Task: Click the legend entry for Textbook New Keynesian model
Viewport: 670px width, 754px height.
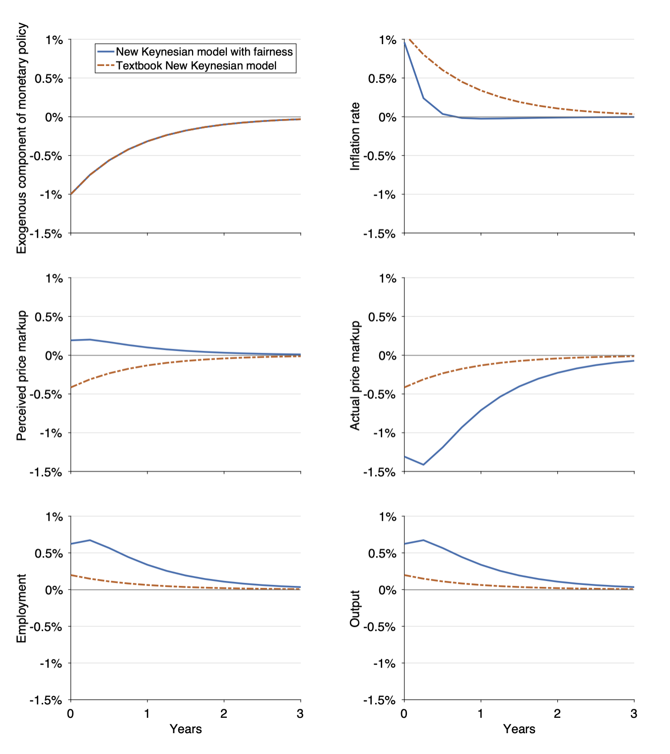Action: click(196, 65)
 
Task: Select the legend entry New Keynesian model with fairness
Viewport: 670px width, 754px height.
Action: click(204, 52)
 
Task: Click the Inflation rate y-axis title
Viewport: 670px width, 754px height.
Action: click(355, 136)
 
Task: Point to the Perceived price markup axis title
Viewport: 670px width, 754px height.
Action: click(21, 376)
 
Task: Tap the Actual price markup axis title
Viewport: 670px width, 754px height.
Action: click(355, 376)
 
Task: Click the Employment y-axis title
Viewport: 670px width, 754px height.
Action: click(21, 608)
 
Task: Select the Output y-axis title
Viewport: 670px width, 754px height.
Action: click(355, 608)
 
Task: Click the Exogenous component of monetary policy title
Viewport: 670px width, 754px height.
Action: click(21, 138)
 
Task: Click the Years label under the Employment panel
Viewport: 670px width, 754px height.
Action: click(186, 729)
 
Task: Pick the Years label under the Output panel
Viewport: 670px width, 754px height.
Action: click(519, 729)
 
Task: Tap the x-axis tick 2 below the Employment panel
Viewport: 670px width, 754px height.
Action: click(224, 714)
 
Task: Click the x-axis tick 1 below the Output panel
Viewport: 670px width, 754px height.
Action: click(480, 714)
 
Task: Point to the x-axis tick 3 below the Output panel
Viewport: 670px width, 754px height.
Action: click(634, 714)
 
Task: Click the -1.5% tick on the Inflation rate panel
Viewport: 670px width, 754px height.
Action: click(380, 234)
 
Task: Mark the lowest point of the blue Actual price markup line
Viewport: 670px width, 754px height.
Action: click(423, 464)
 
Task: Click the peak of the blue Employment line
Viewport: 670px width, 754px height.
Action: click(90, 540)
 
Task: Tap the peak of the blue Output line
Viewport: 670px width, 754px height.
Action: click(423, 540)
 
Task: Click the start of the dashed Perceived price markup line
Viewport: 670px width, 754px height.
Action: click(71, 387)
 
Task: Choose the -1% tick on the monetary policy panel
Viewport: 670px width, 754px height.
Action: click(52, 195)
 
